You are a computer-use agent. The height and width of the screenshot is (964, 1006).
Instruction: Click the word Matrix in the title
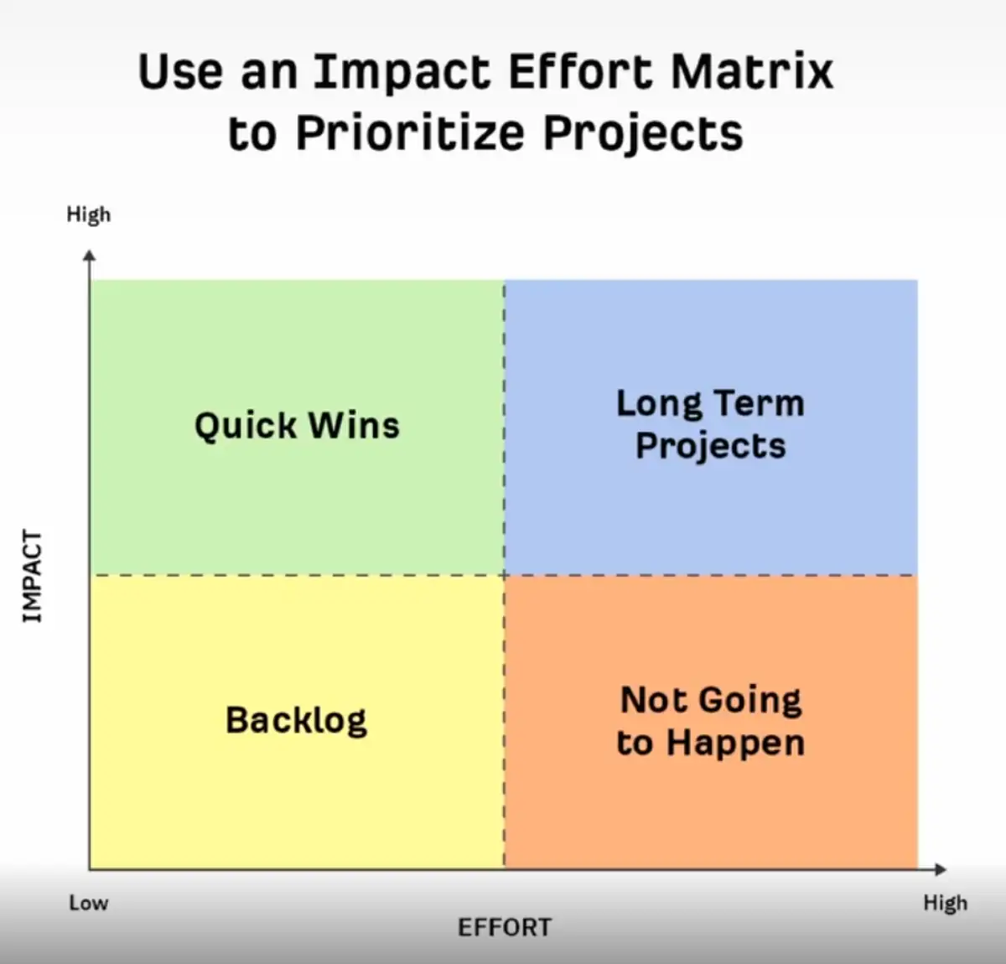752,71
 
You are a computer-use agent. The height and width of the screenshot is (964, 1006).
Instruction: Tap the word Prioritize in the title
410,132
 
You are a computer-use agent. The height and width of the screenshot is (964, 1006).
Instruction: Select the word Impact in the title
402,73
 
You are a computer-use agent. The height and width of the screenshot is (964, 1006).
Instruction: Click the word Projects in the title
643,134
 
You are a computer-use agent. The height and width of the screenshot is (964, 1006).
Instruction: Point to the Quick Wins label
298,426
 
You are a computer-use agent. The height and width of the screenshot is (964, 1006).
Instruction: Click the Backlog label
296,720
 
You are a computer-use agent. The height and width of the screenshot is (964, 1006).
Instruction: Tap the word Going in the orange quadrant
751,702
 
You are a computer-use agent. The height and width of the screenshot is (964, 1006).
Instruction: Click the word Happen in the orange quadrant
735,744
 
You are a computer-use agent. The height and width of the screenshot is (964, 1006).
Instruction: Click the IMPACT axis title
33,577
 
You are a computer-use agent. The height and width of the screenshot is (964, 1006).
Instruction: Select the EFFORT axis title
505,927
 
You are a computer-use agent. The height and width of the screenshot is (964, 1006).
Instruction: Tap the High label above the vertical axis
88,214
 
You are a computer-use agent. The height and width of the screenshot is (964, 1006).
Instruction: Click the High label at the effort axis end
945,903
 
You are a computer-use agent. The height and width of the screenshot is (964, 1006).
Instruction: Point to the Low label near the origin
88,903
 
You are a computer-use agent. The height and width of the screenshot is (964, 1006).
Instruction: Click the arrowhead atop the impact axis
90,256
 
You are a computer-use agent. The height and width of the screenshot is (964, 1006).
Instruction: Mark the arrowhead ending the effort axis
941,869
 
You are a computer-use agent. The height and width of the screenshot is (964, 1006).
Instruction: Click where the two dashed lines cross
504,575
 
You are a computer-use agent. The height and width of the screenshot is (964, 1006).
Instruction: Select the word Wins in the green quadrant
354,425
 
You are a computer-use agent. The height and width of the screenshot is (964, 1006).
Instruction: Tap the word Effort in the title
580,71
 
